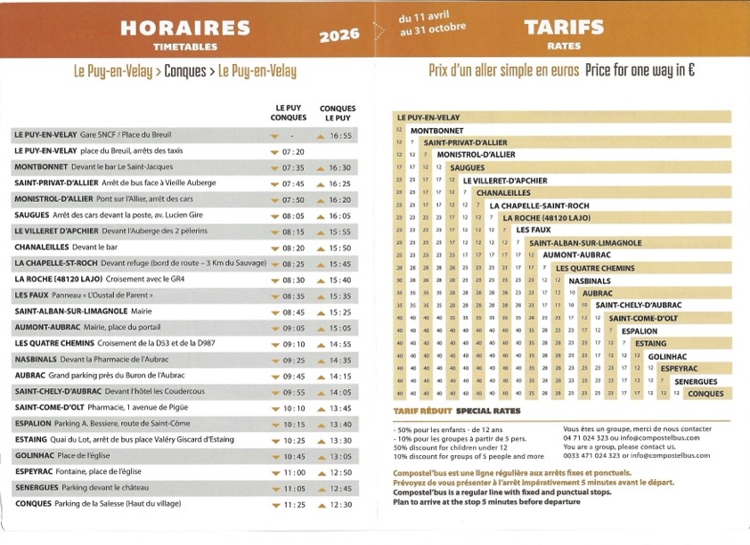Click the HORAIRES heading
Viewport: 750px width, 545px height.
pyautogui.click(x=186, y=28)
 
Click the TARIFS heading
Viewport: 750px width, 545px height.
pyautogui.click(x=552, y=27)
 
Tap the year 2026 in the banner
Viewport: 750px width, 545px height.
pyautogui.click(x=339, y=36)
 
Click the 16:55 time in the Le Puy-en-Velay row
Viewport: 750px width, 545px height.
pyautogui.click(x=340, y=135)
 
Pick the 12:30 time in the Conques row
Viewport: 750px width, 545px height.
pyautogui.click(x=340, y=504)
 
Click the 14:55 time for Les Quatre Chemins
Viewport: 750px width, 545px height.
pyautogui.click(x=340, y=344)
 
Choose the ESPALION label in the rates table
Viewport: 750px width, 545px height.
pyautogui.click(x=640, y=330)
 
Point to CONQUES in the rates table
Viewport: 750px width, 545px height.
pyautogui.click(x=705, y=394)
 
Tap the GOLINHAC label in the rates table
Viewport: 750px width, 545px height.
pyautogui.click(x=666, y=356)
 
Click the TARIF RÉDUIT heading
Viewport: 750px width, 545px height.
pyautogui.click(x=420, y=411)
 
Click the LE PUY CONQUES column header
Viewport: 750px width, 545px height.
pyautogui.click(x=289, y=112)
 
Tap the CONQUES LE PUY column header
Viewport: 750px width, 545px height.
pyautogui.click(x=338, y=112)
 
